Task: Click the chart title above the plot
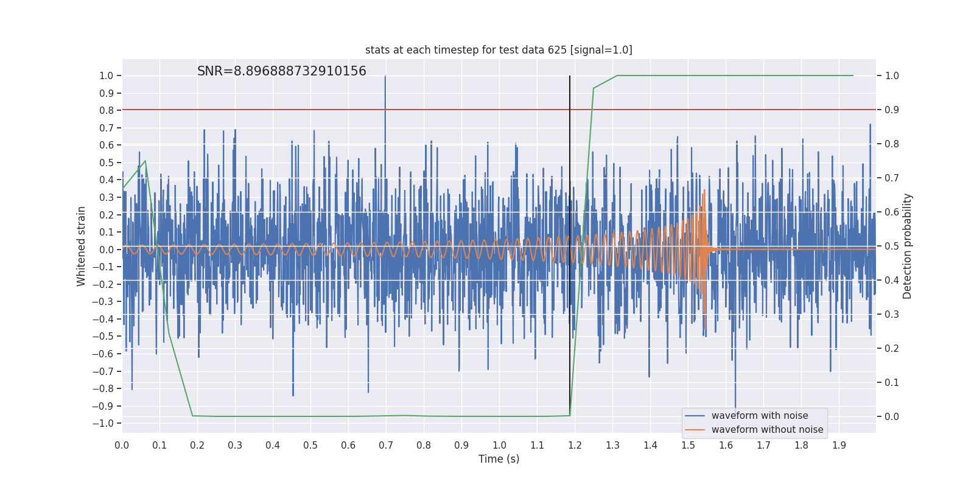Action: tap(499, 50)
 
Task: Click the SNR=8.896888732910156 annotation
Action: tap(282, 71)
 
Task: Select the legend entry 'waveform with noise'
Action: tap(760, 416)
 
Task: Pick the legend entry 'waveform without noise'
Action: tap(767, 430)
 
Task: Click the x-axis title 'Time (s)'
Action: tap(499, 459)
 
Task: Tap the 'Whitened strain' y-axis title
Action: tap(82, 246)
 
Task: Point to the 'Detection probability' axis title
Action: tap(908, 246)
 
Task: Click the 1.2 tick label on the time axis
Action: tap(575, 445)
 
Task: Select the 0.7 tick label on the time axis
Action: tap(386, 445)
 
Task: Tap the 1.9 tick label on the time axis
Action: tap(839, 445)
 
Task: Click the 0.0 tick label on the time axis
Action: tap(122, 445)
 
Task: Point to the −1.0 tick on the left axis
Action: tap(106, 424)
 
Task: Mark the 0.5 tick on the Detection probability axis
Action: tap(892, 247)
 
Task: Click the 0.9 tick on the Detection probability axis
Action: tap(892, 110)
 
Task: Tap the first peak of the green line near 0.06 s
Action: tap(145, 161)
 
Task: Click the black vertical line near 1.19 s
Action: tap(570, 183)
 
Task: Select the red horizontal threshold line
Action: tap(304, 110)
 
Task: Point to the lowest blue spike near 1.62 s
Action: tap(735, 405)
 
